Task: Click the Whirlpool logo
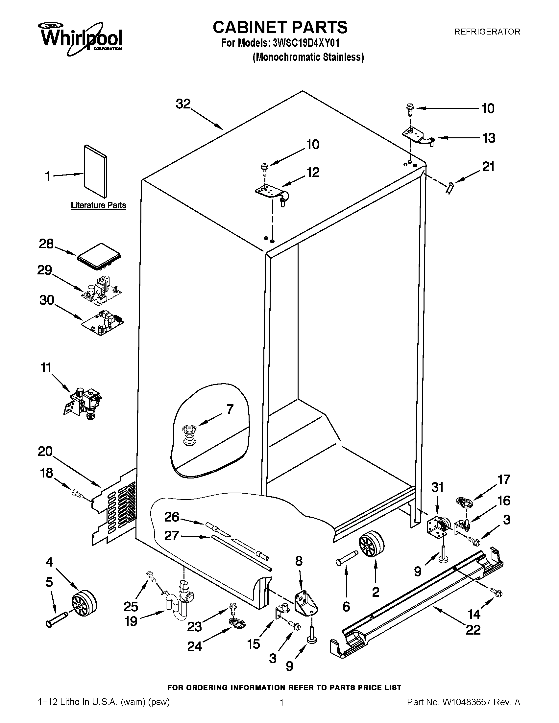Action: point(81,38)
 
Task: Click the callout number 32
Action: point(183,104)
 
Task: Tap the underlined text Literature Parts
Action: point(98,205)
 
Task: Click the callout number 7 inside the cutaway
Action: point(230,409)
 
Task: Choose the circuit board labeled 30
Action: point(103,322)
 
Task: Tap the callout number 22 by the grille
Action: point(473,629)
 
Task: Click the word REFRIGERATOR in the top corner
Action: point(487,32)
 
